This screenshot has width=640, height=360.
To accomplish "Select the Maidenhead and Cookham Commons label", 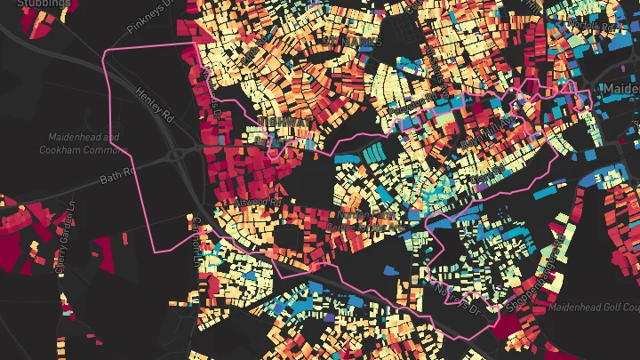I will pos(80,144).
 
